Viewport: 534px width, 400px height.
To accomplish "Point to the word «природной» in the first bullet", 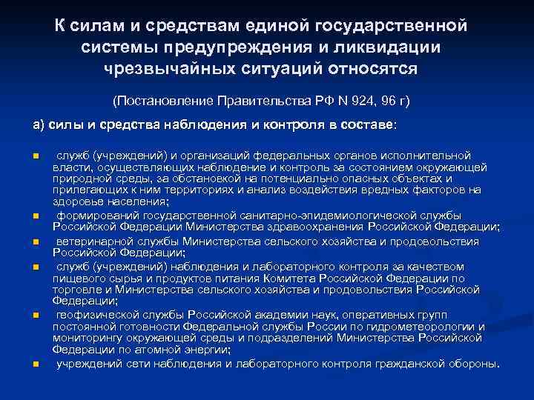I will coord(78,179).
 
